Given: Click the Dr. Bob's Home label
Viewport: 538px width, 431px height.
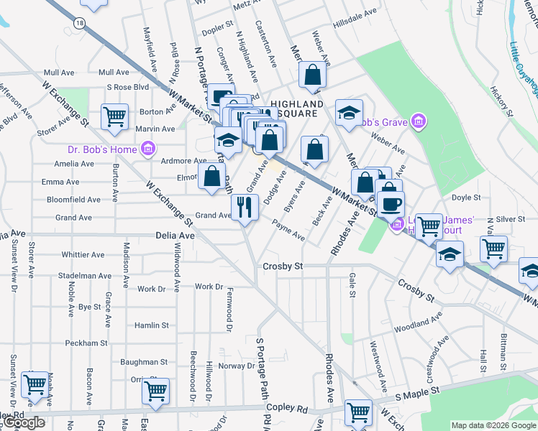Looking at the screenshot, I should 102,149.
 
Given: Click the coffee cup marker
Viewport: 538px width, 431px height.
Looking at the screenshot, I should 391,203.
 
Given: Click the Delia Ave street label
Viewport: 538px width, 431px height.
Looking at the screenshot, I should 175,236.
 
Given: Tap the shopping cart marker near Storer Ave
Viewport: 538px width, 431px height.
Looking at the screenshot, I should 115,117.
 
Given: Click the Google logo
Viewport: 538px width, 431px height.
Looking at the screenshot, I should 23,423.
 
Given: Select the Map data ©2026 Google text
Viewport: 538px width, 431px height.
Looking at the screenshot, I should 493,425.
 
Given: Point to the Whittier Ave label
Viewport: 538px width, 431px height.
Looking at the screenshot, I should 83,254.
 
